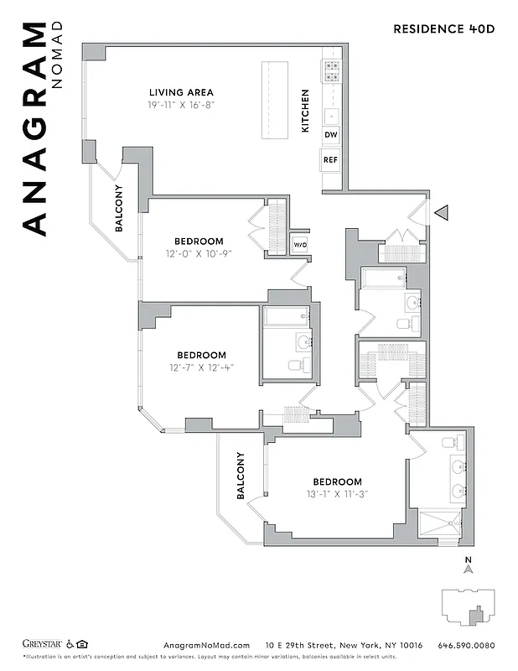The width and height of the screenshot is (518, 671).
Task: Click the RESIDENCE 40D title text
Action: (x=443, y=29)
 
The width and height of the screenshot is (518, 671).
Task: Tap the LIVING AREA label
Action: (x=181, y=92)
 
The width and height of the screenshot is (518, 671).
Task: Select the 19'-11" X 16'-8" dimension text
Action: (x=181, y=106)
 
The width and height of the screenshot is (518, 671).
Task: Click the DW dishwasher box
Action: (x=330, y=135)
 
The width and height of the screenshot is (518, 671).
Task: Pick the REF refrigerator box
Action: (x=330, y=159)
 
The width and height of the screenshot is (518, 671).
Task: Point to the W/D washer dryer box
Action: (x=299, y=244)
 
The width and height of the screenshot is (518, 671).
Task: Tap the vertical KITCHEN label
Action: (x=305, y=111)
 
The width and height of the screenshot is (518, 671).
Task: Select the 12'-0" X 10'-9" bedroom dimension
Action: (x=199, y=253)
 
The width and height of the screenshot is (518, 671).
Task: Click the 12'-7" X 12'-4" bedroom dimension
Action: (x=201, y=367)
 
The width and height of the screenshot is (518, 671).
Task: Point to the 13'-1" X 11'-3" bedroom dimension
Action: (x=337, y=494)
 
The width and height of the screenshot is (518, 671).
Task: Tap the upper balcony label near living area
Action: (x=119, y=208)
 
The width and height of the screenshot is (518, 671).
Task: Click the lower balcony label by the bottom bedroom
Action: (x=240, y=476)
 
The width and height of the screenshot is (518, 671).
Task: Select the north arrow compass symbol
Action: (x=469, y=568)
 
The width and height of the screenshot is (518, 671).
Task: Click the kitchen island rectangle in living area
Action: (x=273, y=100)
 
